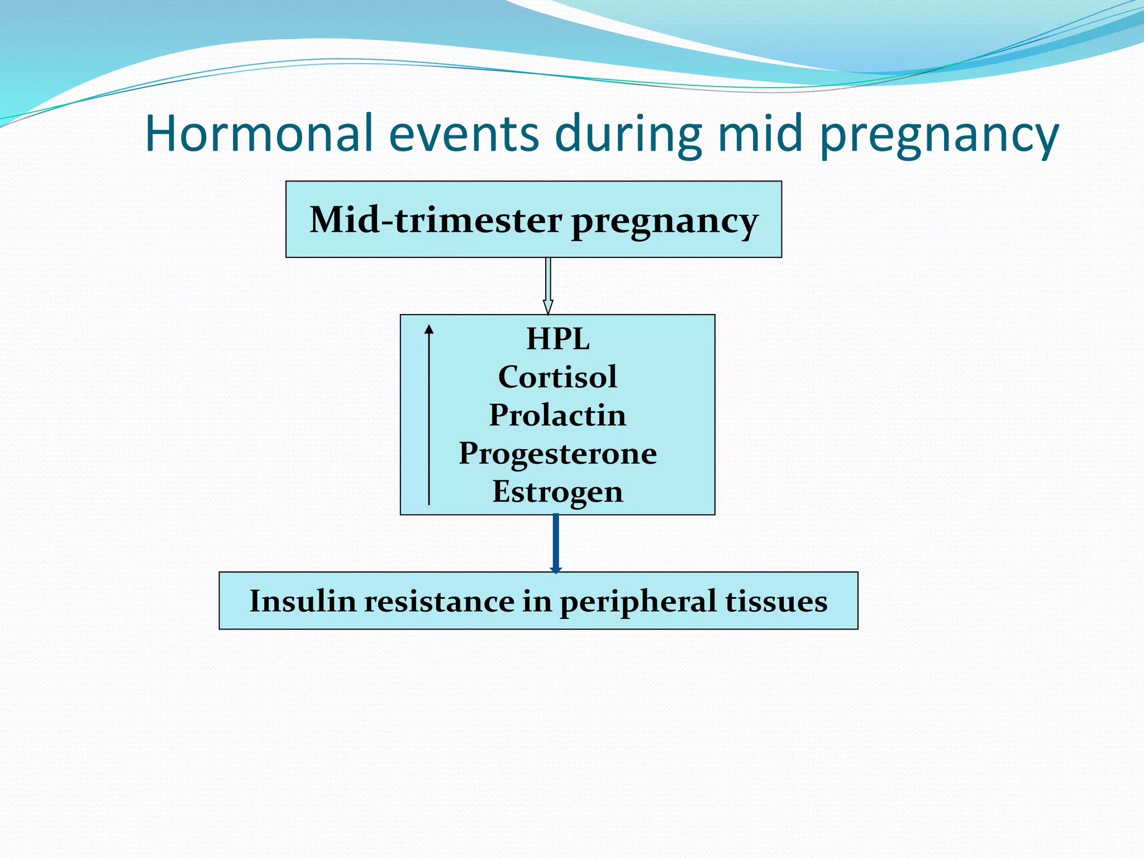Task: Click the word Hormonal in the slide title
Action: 259,134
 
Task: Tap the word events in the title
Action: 464,134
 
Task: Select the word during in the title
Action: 628,134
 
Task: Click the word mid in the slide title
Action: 760,134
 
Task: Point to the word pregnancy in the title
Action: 939,137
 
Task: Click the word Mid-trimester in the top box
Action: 436,220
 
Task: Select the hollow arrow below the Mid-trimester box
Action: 548,285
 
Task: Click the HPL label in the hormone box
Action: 557,339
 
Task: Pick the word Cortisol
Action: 557,377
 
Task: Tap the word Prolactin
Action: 557,415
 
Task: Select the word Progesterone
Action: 557,454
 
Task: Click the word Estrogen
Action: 557,492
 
